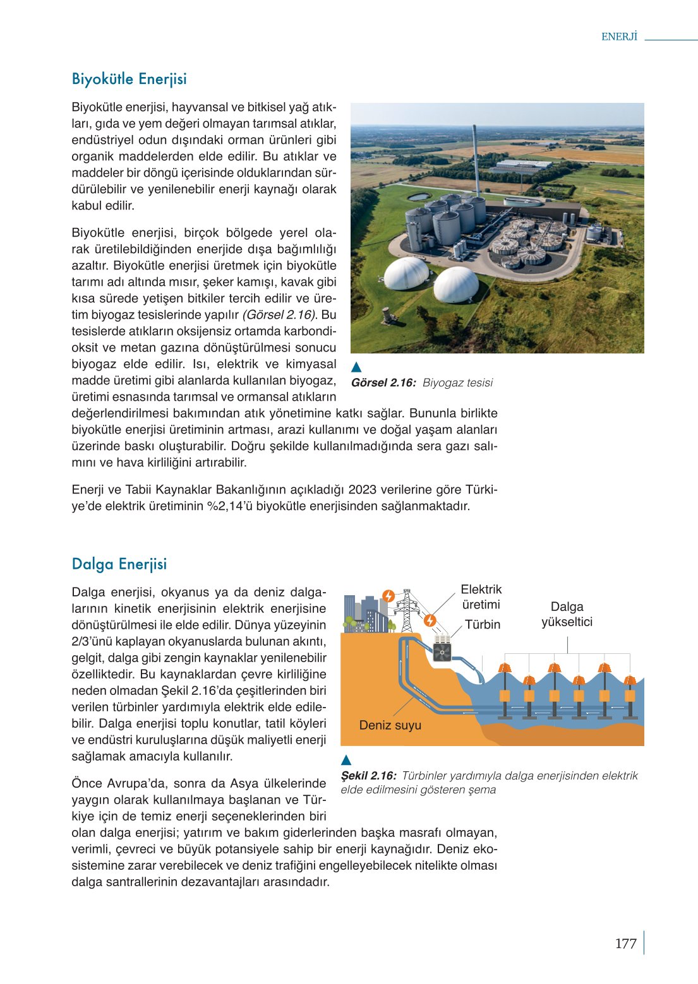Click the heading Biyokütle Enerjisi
(x=129, y=79)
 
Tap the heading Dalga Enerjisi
(x=119, y=564)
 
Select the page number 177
(x=625, y=943)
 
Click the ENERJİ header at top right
(x=619, y=37)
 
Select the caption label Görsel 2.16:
(x=383, y=382)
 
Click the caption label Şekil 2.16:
(x=369, y=776)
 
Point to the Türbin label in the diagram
(x=483, y=624)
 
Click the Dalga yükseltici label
(x=567, y=614)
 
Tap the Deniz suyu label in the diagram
(x=390, y=725)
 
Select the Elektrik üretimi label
(x=481, y=596)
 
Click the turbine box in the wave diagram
(x=442, y=648)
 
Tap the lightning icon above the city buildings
(x=389, y=596)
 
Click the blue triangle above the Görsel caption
(x=356, y=367)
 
